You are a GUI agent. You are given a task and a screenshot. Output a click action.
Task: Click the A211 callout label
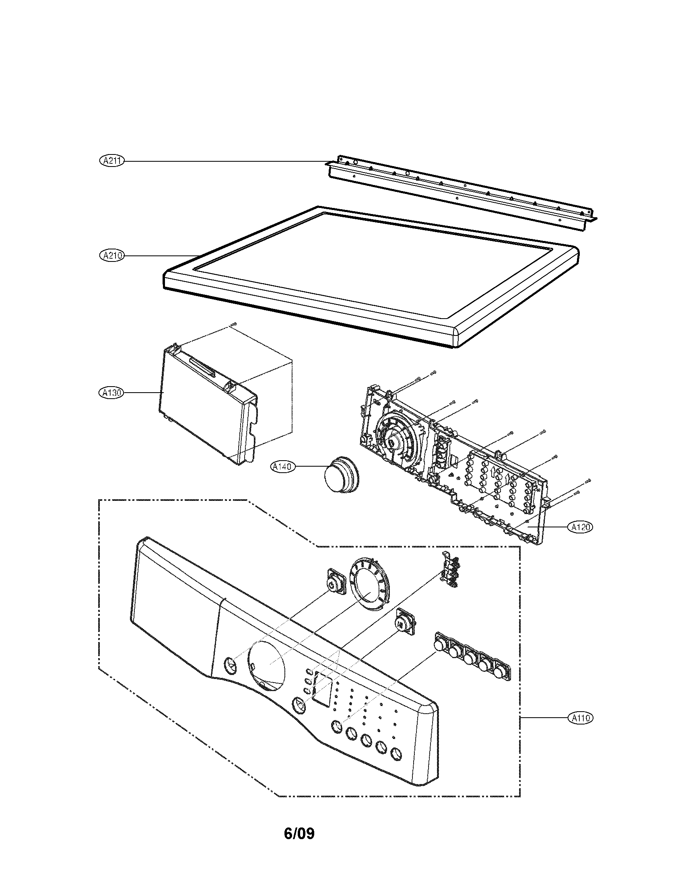(111, 161)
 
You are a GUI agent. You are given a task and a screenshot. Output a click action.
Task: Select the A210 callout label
(111, 255)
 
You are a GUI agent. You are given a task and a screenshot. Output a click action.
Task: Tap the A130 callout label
(111, 392)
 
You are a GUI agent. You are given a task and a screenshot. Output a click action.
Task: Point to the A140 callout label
(283, 467)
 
